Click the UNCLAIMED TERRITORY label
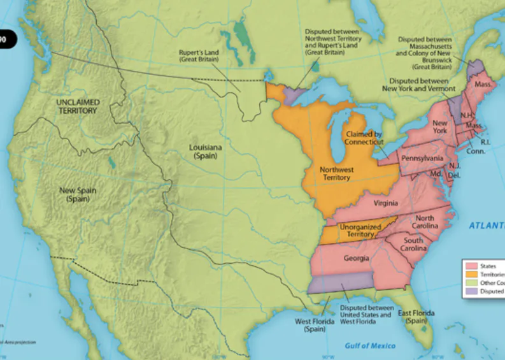(76, 106)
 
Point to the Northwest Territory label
(336, 173)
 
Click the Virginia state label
(386, 203)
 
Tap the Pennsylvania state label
(422, 158)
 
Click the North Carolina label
(424, 222)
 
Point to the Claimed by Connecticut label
(364, 138)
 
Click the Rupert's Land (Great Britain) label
(199, 55)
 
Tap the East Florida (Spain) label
(416, 317)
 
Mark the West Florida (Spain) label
(311, 325)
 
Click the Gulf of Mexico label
(370, 345)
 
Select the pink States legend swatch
(472, 265)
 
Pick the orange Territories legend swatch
(472, 274)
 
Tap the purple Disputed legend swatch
(472, 291)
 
